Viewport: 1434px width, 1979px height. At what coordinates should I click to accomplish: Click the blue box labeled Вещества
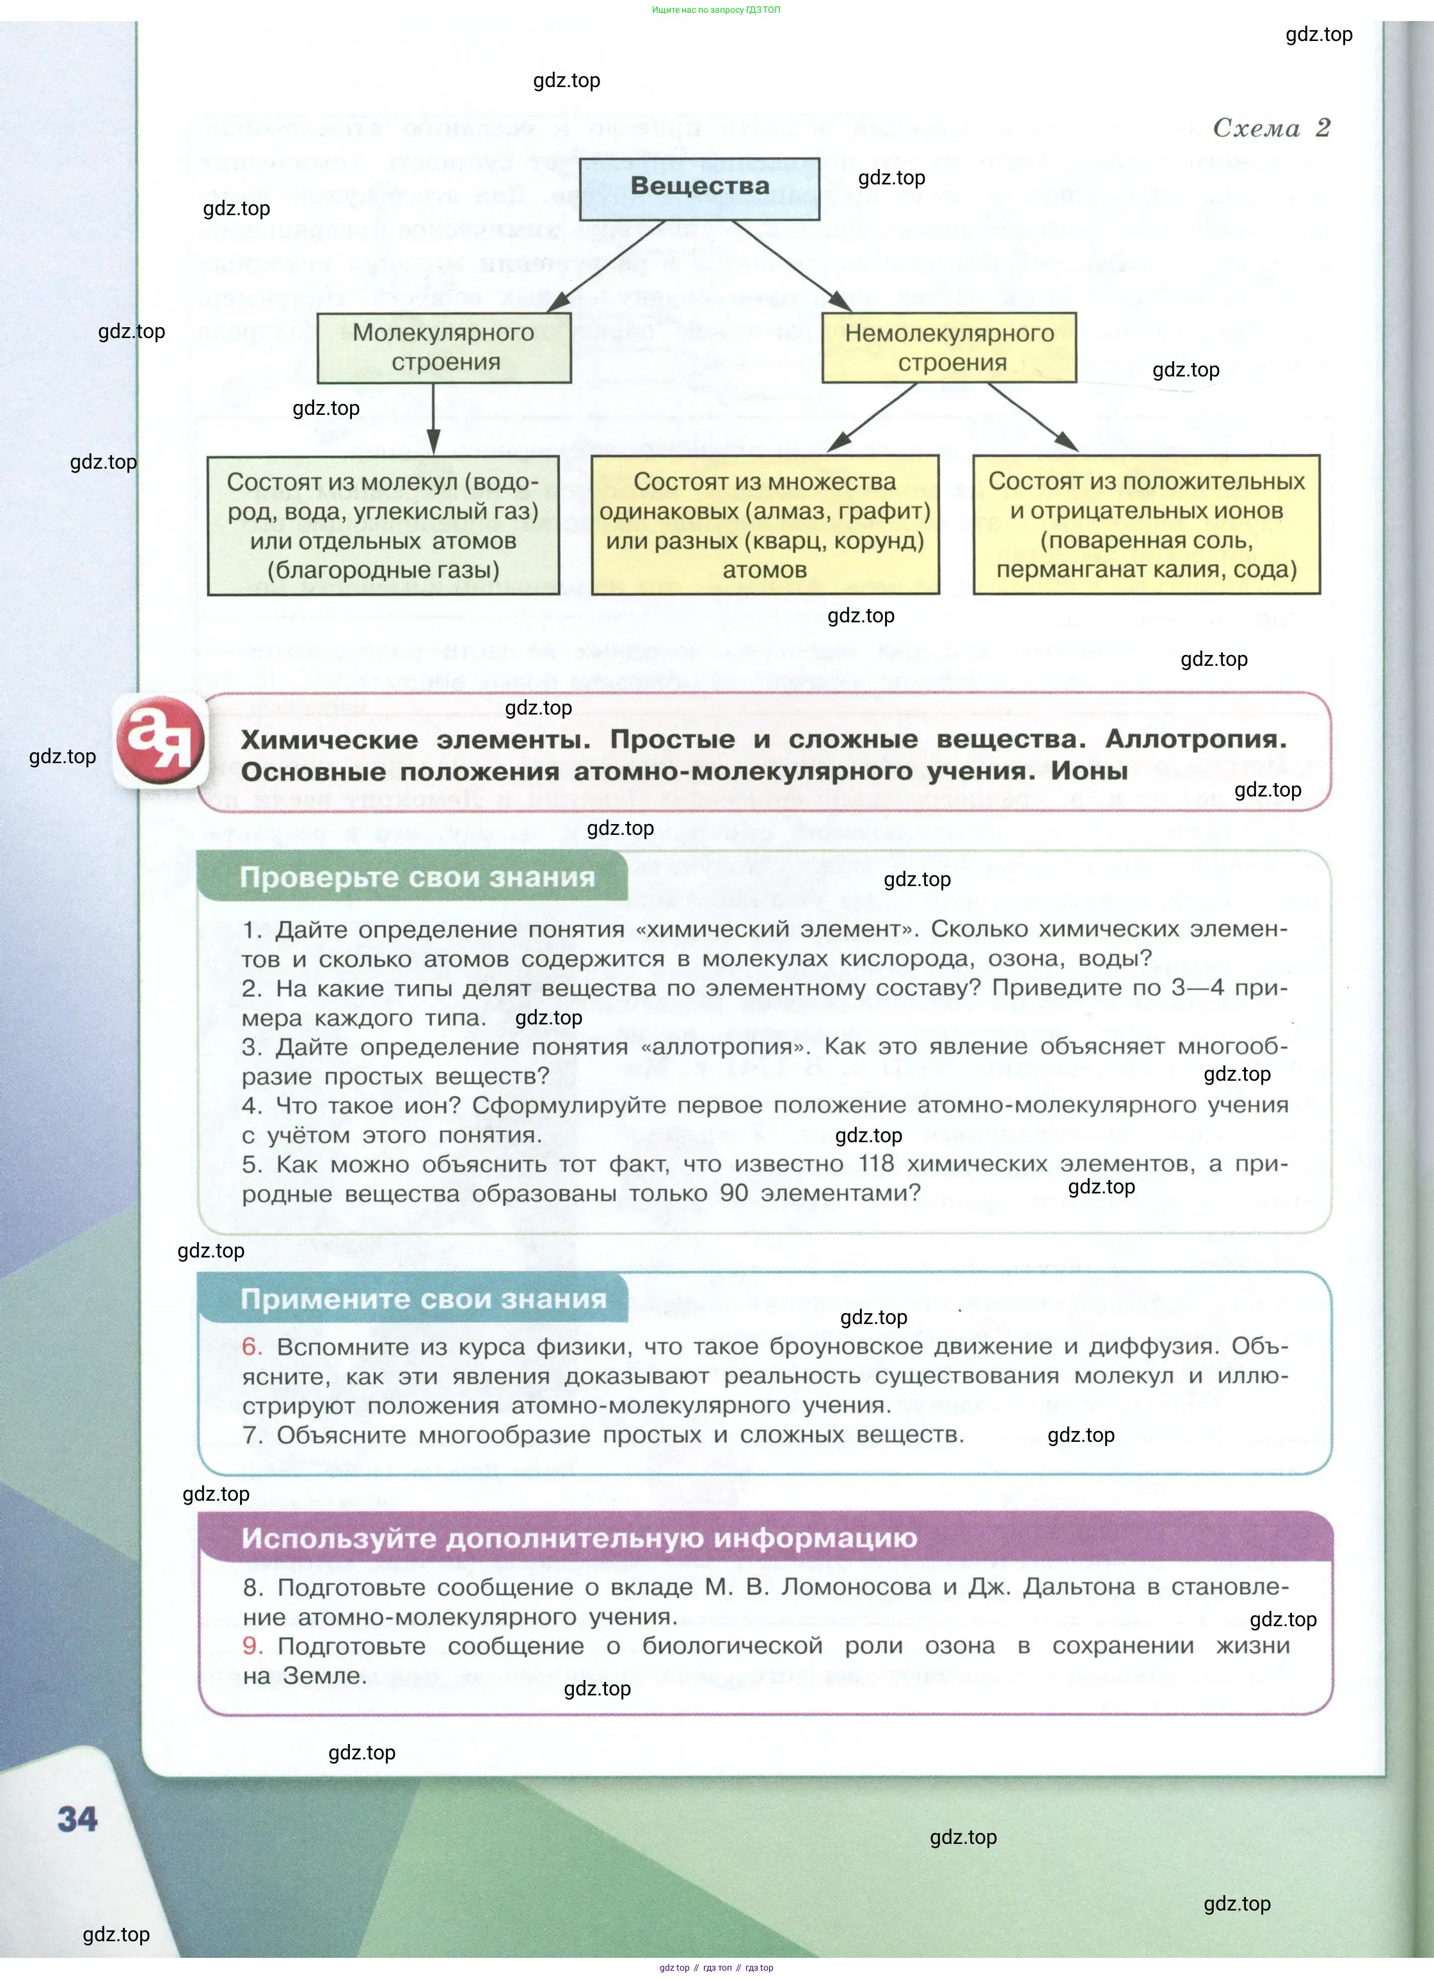click(699, 188)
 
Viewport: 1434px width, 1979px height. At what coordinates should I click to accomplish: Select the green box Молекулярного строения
click(444, 347)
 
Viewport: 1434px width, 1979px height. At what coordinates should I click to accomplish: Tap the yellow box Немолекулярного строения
click(949, 347)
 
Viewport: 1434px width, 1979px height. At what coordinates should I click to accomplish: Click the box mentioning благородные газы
click(383, 525)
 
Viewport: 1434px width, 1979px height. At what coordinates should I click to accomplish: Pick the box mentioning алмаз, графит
click(765, 525)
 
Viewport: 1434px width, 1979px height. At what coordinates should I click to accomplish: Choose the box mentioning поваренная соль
click(1146, 525)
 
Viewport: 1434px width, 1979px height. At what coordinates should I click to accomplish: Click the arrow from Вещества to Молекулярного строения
click(605, 266)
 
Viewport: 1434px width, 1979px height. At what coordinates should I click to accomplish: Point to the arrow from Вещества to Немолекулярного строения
click(790, 265)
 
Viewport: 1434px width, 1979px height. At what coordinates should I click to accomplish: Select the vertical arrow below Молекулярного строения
click(433, 419)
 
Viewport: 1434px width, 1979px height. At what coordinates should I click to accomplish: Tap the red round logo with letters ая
click(161, 741)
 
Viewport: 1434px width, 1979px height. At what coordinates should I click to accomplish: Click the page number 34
click(77, 1820)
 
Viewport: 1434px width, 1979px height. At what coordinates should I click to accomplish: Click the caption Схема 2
click(1271, 128)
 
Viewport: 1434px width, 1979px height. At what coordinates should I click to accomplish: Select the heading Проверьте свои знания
click(417, 877)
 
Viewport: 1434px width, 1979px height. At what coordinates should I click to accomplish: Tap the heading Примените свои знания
click(423, 1299)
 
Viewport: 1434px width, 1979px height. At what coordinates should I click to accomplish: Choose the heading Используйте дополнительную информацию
click(578, 1537)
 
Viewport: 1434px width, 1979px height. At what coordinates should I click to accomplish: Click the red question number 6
click(251, 1346)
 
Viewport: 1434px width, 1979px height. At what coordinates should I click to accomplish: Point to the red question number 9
click(252, 1645)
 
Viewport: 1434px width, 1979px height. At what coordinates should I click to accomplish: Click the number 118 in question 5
click(877, 1164)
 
